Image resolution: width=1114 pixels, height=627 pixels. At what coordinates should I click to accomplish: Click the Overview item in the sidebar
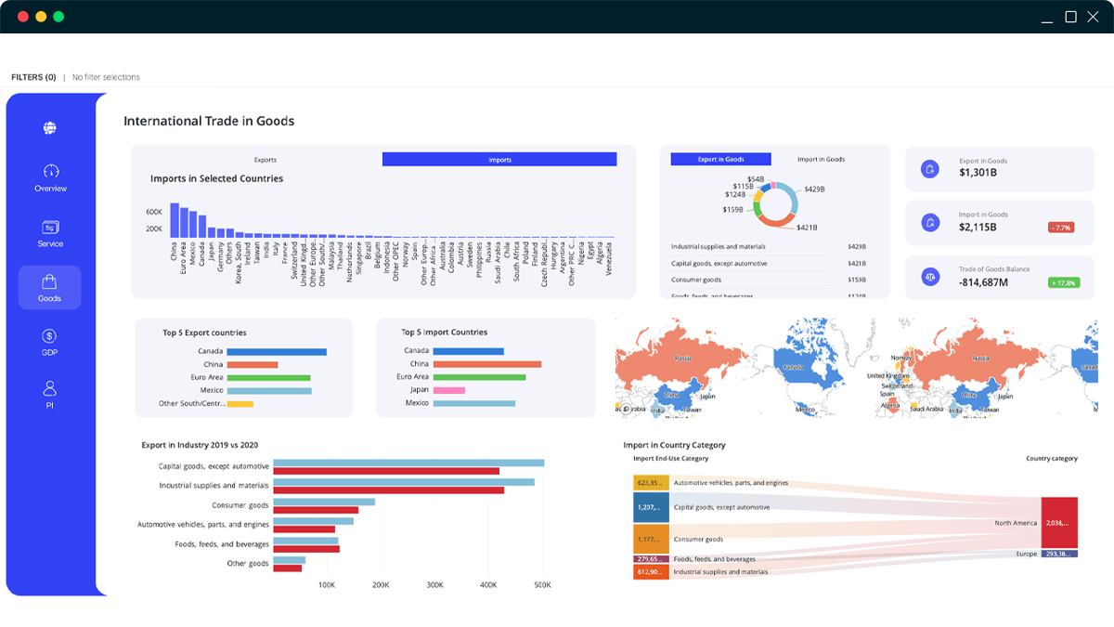click(50, 177)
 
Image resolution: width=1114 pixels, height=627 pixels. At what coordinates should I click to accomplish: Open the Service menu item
click(50, 233)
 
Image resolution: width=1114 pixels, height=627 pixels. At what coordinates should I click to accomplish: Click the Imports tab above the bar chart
click(499, 160)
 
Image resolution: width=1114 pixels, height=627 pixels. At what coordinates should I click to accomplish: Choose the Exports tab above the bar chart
click(266, 160)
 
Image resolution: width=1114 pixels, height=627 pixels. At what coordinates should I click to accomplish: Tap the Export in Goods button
click(720, 160)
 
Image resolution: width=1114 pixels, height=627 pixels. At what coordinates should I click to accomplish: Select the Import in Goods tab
click(821, 160)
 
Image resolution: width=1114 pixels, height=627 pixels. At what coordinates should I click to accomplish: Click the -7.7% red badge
click(1060, 228)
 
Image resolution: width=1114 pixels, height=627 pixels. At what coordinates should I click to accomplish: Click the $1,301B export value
click(978, 173)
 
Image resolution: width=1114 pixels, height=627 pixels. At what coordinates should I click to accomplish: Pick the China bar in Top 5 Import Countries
click(487, 364)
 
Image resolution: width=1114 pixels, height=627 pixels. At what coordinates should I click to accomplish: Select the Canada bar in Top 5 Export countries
click(277, 351)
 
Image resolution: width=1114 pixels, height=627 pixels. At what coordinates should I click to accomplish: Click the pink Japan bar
click(448, 390)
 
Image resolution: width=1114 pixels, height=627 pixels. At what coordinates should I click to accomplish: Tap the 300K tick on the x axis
click(435, 586)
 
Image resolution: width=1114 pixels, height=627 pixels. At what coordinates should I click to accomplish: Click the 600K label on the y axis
click(154, 212)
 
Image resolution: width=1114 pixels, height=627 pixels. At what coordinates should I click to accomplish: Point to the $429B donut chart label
click(815, 189)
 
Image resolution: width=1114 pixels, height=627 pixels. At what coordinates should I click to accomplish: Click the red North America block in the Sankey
click(1059, 523)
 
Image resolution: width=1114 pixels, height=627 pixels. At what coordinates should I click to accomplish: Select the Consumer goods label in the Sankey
click(699, 539)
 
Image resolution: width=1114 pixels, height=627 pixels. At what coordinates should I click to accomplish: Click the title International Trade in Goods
click(209, 121)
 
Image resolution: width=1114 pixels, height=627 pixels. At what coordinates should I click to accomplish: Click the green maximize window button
click(58, 17)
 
